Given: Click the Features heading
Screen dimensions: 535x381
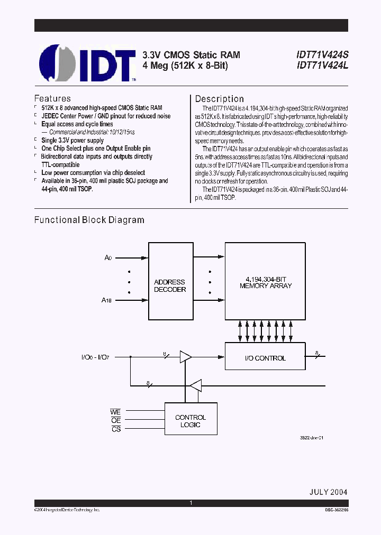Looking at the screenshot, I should pyautogui.click(x=52, y=98).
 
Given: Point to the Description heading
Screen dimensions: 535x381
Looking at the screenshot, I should pyautogui.click(x=220, y=99).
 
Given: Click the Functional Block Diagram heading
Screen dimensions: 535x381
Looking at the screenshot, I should pyautogui.click(x=89, y=220).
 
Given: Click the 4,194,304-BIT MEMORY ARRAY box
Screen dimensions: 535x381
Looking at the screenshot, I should pyautogui.click(x=266, y=281).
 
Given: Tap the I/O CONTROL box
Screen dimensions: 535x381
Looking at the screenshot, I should pyautogui.click(x=265, y=358).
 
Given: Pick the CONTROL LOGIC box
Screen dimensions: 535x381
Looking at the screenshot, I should pyautogui.click(x=190, y=421).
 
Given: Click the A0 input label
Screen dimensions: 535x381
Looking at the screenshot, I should pyautogui.click(x=108, y=257).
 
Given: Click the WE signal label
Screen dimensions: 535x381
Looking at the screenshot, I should pyautogui.click(x=115, y=411).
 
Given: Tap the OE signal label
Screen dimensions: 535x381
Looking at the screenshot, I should pyautogui.click(x=116, y=420).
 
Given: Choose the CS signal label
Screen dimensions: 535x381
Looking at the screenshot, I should pyautogui.click(x=116, y=429).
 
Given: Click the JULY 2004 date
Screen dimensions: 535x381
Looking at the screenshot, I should pyautogui.click(x=328, y=492).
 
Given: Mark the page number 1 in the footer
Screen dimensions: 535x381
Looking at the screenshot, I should pyautogui.click(x=190, y=503).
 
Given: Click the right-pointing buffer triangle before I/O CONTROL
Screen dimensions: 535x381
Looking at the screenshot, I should pyautogui.click(x=185, y=357).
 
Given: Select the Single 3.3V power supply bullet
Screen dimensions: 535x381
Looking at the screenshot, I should pyautogui.click(x=72, y=141).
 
